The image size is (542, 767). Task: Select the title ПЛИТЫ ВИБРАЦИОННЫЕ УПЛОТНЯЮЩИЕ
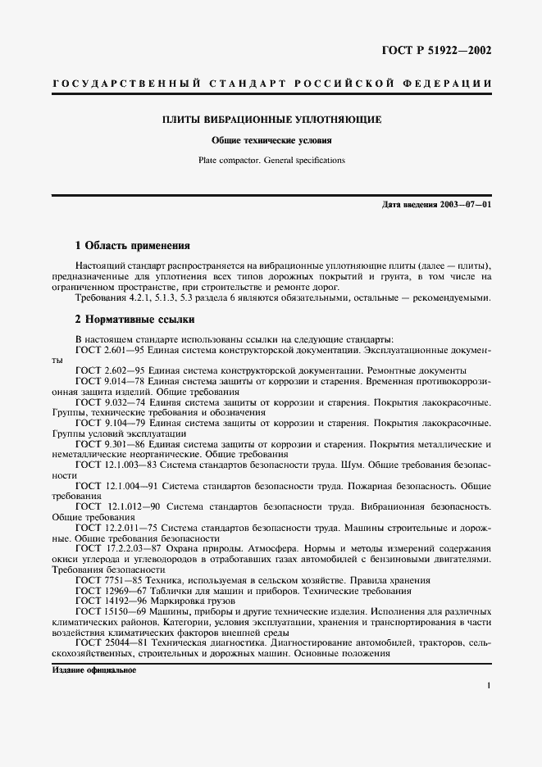[271, 120]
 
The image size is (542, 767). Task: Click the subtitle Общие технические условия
[271, 140]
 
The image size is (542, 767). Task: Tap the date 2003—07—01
[465, 203]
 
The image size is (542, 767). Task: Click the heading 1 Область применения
[133, 245]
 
